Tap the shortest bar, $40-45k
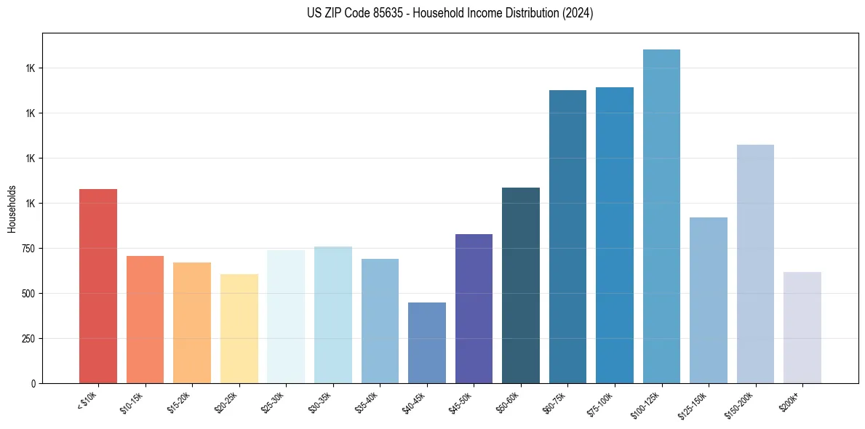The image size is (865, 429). point(427,342)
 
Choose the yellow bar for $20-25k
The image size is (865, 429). point(239,329)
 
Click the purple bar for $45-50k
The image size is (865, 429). point(474,308)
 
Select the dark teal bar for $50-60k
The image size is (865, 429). point(521,285)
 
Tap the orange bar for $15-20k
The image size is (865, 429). point(192,323)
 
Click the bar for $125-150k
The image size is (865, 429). point(709,300)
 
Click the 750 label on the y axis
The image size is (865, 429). point(28,249)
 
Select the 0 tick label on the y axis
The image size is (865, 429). point(33,384)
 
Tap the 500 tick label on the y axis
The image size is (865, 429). point(28,294)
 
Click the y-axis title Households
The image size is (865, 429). point(12,209)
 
